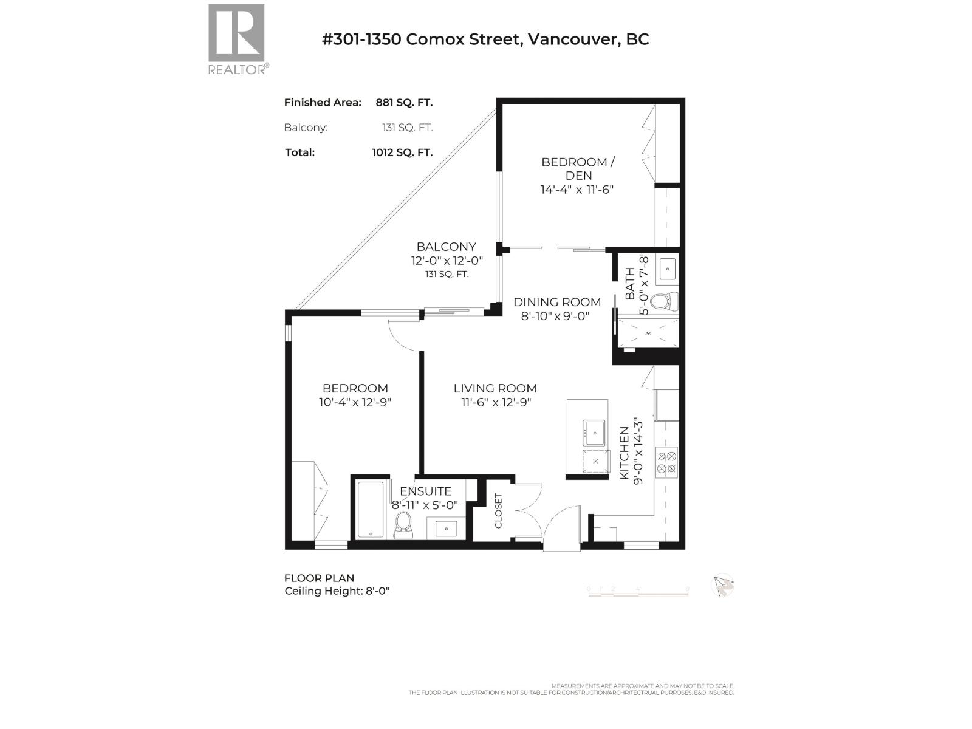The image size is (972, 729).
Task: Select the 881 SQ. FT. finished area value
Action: click(x=404, y=103)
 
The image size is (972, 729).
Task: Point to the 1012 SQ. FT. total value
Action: click(x=402, y=152)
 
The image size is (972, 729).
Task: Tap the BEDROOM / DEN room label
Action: click(x=578, y=168)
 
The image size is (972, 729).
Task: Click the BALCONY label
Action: click(x=446, y=247)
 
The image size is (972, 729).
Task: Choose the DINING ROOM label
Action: click(x=557, y=302)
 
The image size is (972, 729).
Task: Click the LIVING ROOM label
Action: click(x=495, y=388)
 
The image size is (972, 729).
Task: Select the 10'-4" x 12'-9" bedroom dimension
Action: click(x=355, y=402)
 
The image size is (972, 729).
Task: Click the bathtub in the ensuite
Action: click(x=370, y=510)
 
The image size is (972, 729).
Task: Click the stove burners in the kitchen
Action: click(x=666, y=462)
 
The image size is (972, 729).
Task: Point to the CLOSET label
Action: click(x=499, y=510)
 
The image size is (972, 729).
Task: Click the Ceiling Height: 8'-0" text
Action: click(x=337, y=591)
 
